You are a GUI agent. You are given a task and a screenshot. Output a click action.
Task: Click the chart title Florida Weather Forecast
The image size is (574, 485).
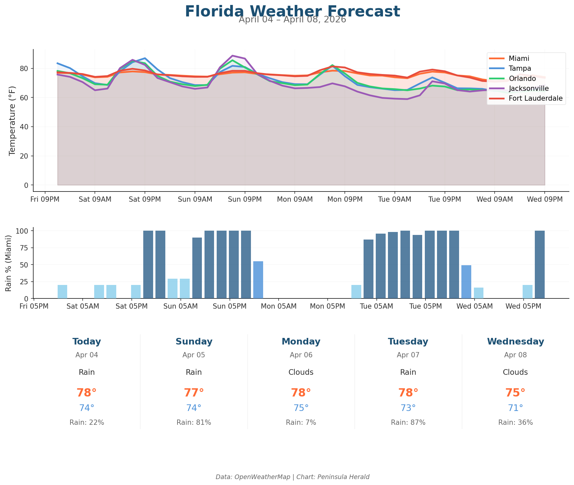pyautogui.click(x=292, y=11)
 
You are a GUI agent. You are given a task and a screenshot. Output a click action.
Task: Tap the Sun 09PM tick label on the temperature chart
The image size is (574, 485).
pyautogui.click(x=245, y=199)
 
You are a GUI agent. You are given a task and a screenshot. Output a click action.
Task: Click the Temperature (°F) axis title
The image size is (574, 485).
pyautogui.click(x=12, y=120)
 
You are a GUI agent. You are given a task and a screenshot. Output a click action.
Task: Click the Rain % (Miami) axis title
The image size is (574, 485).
pyautogui.click(x=9, y=263)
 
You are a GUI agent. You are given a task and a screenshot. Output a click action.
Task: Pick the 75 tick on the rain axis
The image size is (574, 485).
pyautogui.click(x=25, y=248)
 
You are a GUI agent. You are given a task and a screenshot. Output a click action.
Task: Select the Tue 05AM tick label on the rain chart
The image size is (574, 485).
pyautogui.click(x=376, y=306)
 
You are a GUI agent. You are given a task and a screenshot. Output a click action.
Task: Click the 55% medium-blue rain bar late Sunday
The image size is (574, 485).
pyautogui.click(x=258, y=280)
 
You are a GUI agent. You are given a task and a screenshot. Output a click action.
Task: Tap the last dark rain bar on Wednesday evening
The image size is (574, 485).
pyautogui.click(x=539, y=265)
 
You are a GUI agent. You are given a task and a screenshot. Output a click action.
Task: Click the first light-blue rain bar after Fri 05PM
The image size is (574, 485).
pyautogui.click(x=62, y=292)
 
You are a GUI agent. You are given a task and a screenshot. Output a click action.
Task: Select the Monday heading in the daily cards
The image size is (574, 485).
pyautogui.click(x=301, y=342)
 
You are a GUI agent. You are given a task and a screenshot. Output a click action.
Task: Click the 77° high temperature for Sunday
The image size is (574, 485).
pyautogui.click(x=194, y=393)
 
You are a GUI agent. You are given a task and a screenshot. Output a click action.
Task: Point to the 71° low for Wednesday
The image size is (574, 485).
pyautogui.click(x=515, y=408)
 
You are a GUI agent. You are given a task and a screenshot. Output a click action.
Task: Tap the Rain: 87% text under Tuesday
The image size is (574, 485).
pyautogui.click(x=408, y=422)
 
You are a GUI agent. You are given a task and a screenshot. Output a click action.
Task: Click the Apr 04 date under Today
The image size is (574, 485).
pyautogui.click(x=87, y=355)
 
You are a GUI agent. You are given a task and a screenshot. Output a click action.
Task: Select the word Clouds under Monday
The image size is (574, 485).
pyautogui.click(x=301, y=372)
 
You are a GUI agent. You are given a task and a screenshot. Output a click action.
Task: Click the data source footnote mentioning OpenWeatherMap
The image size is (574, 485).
pyautogui.click(x=292, y=477)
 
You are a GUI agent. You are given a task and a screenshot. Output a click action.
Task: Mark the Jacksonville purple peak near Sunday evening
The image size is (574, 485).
pyautogui.click(x=232, y=56)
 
